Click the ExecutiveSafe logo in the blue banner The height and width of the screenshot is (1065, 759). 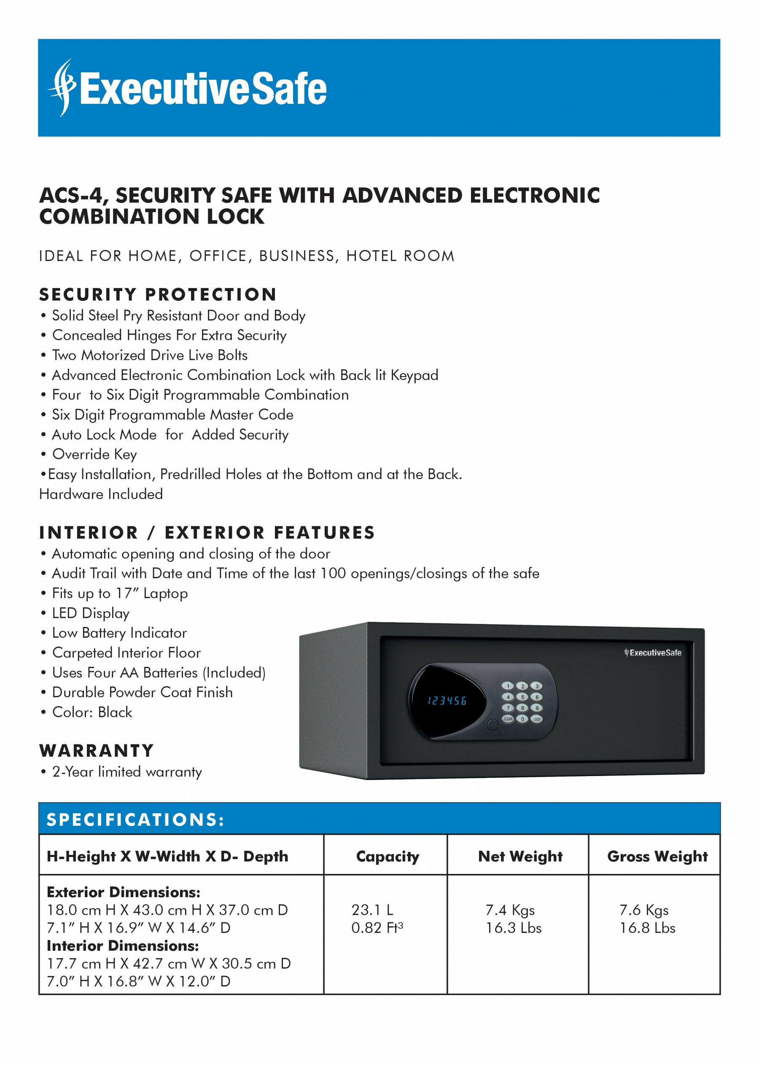tap(187, 88)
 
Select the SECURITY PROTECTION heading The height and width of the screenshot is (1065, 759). tap(158, 294)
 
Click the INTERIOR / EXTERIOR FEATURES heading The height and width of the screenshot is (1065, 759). tap(207, 532)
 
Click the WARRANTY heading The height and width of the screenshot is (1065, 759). tap(97, 750)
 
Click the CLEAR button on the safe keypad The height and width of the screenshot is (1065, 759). tap(508, 719)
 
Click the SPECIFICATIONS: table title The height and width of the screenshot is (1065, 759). tap(135, 820)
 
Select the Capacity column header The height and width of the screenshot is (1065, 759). tap(388, 856)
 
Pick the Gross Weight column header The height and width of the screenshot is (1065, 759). tap(657, 856)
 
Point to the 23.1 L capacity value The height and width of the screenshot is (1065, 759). tap(372, 910)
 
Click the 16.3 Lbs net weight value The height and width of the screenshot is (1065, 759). tap(513, 927)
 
